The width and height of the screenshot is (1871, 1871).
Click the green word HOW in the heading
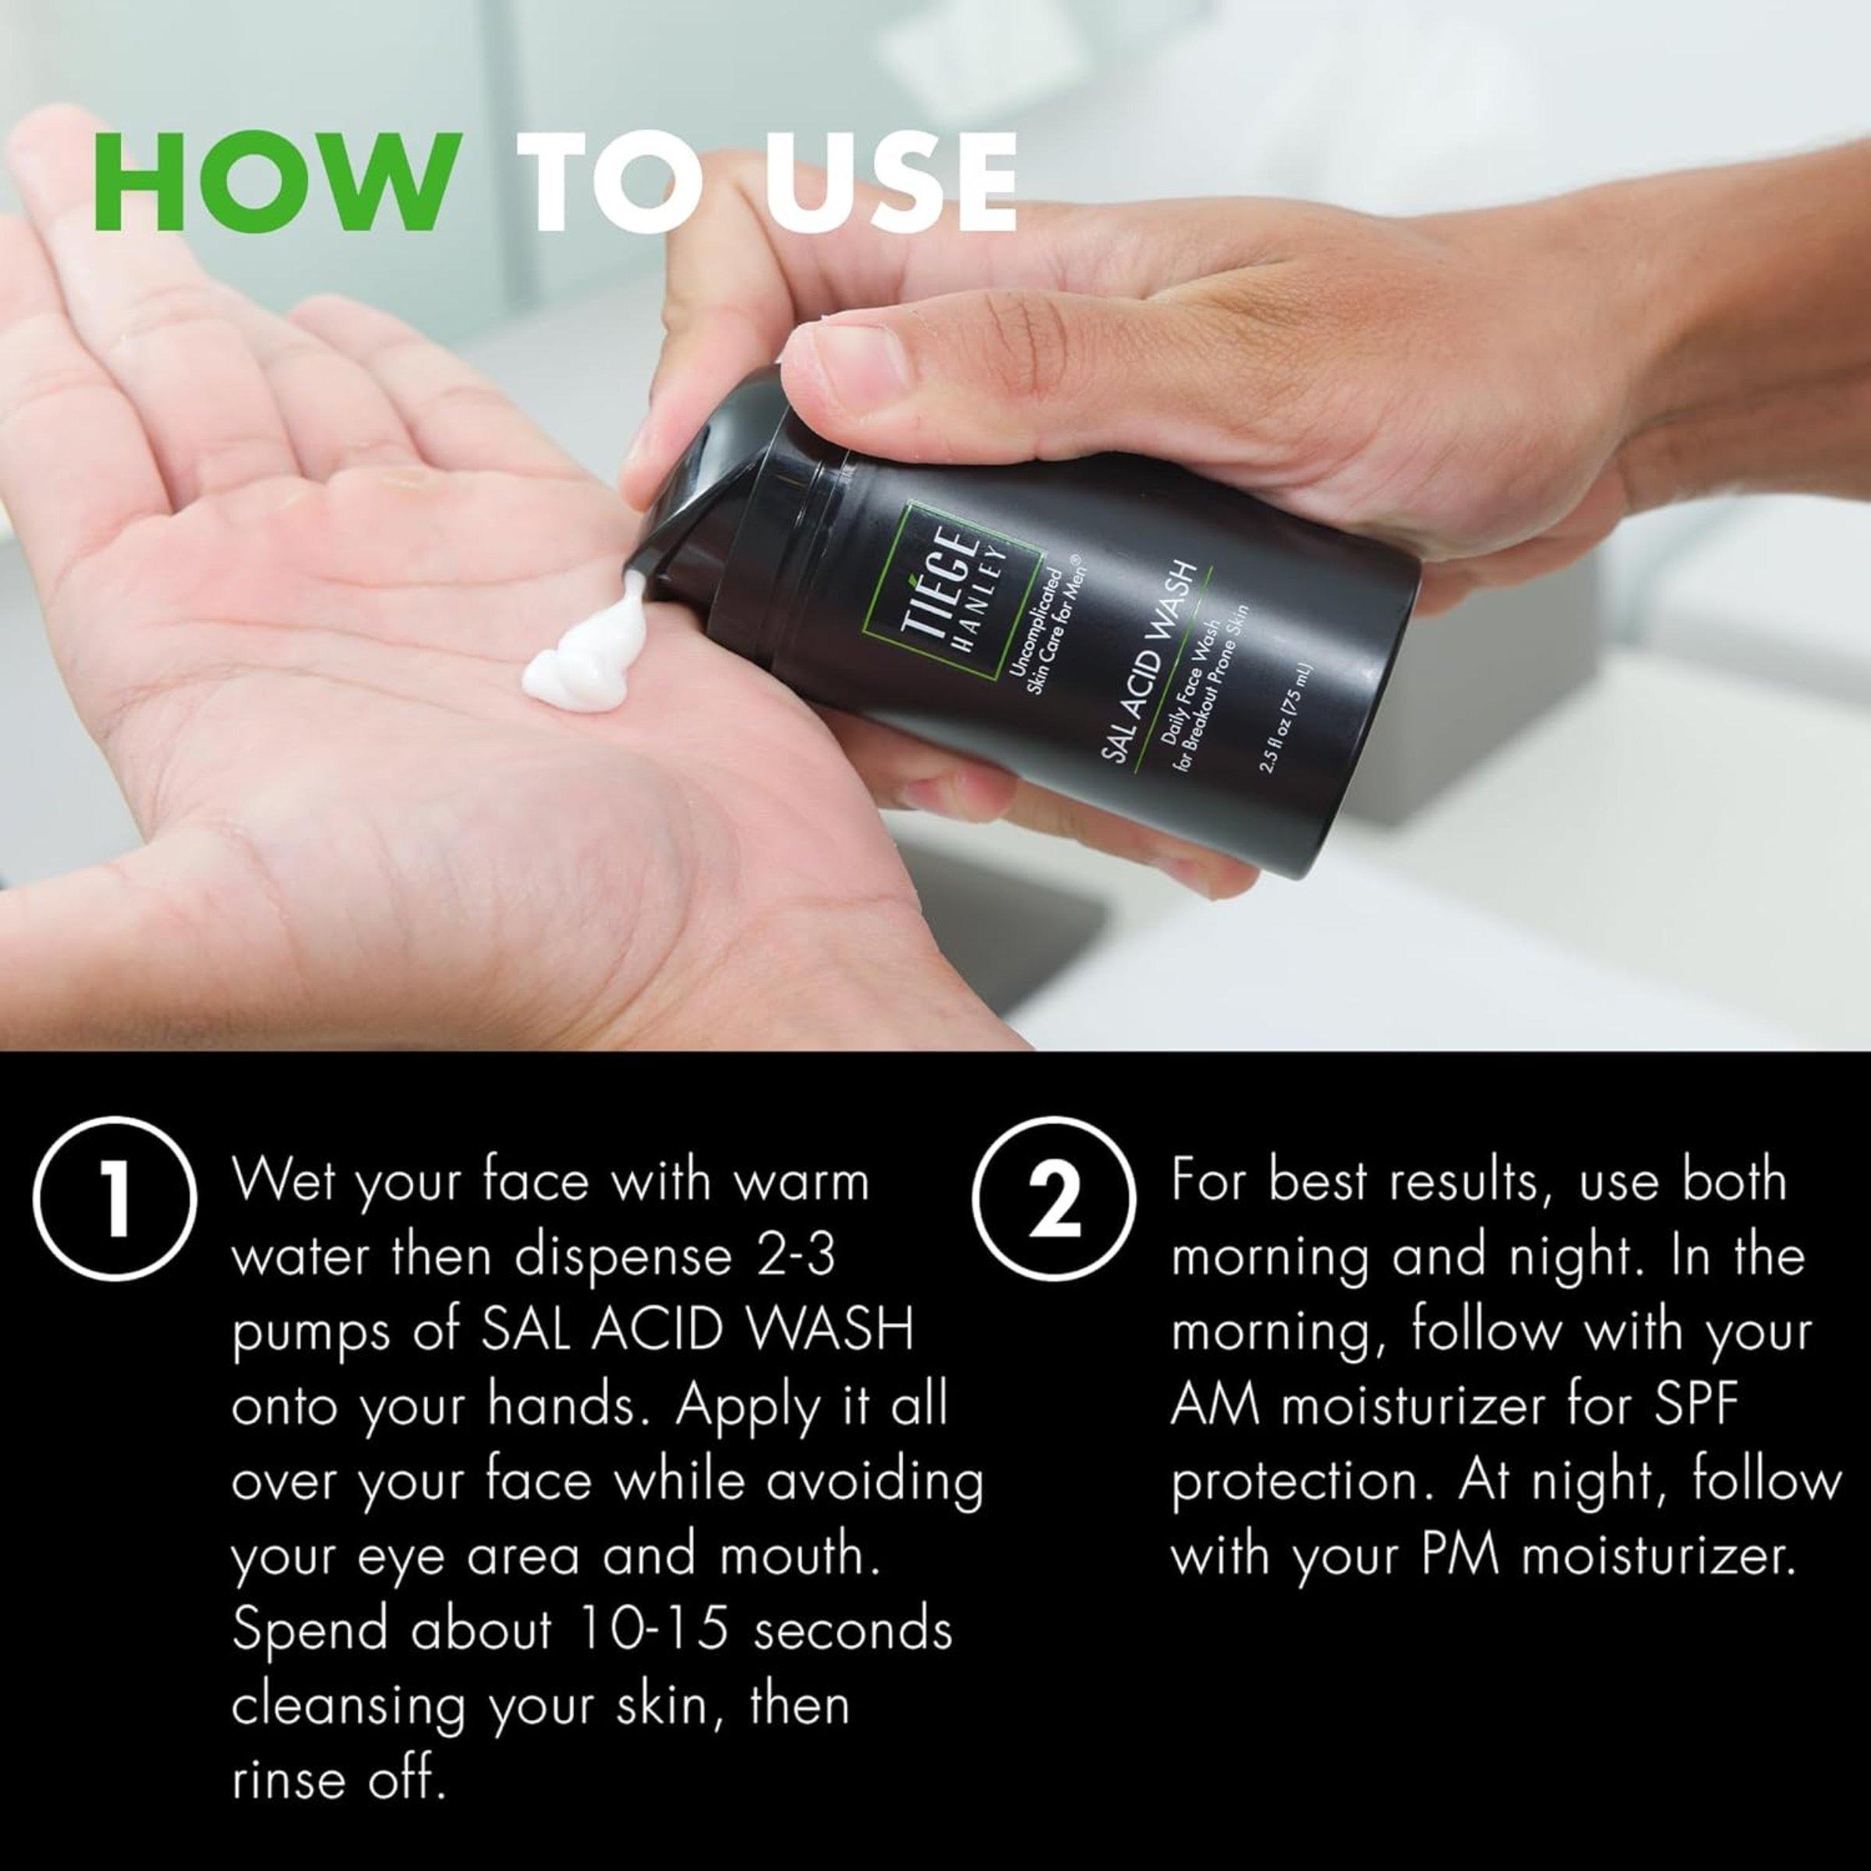coord(274,184)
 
